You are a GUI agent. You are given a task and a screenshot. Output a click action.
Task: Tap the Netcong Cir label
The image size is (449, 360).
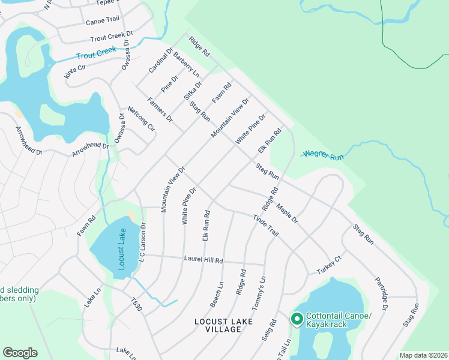141,119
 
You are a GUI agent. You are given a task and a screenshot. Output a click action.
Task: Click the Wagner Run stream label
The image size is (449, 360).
322,155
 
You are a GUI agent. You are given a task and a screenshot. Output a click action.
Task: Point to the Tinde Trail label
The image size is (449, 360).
266,226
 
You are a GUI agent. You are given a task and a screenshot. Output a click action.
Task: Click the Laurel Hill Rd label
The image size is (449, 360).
203,260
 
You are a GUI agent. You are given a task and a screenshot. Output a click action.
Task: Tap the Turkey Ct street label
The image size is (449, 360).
329,265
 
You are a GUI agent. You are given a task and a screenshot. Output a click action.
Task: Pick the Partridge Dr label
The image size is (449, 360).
381,293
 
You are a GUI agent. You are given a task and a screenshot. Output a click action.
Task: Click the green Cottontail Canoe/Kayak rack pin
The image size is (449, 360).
297,319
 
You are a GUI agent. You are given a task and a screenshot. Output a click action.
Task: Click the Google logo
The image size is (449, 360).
20,353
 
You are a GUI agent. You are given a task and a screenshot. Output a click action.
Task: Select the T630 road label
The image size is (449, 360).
136,306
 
